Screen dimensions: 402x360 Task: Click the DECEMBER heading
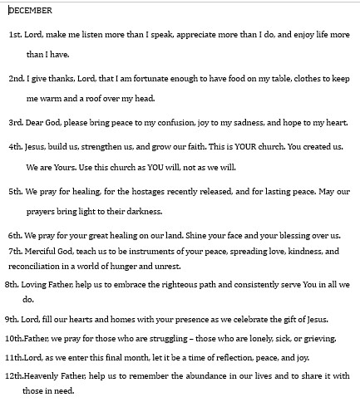click(x=31, y=11)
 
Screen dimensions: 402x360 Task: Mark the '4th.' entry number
click(x=15, y=147)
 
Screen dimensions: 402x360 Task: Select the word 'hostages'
click(x=147, y=190)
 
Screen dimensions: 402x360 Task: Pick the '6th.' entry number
click(x=15, y=235)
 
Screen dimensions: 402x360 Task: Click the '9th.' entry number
click(x=12, y=319)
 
